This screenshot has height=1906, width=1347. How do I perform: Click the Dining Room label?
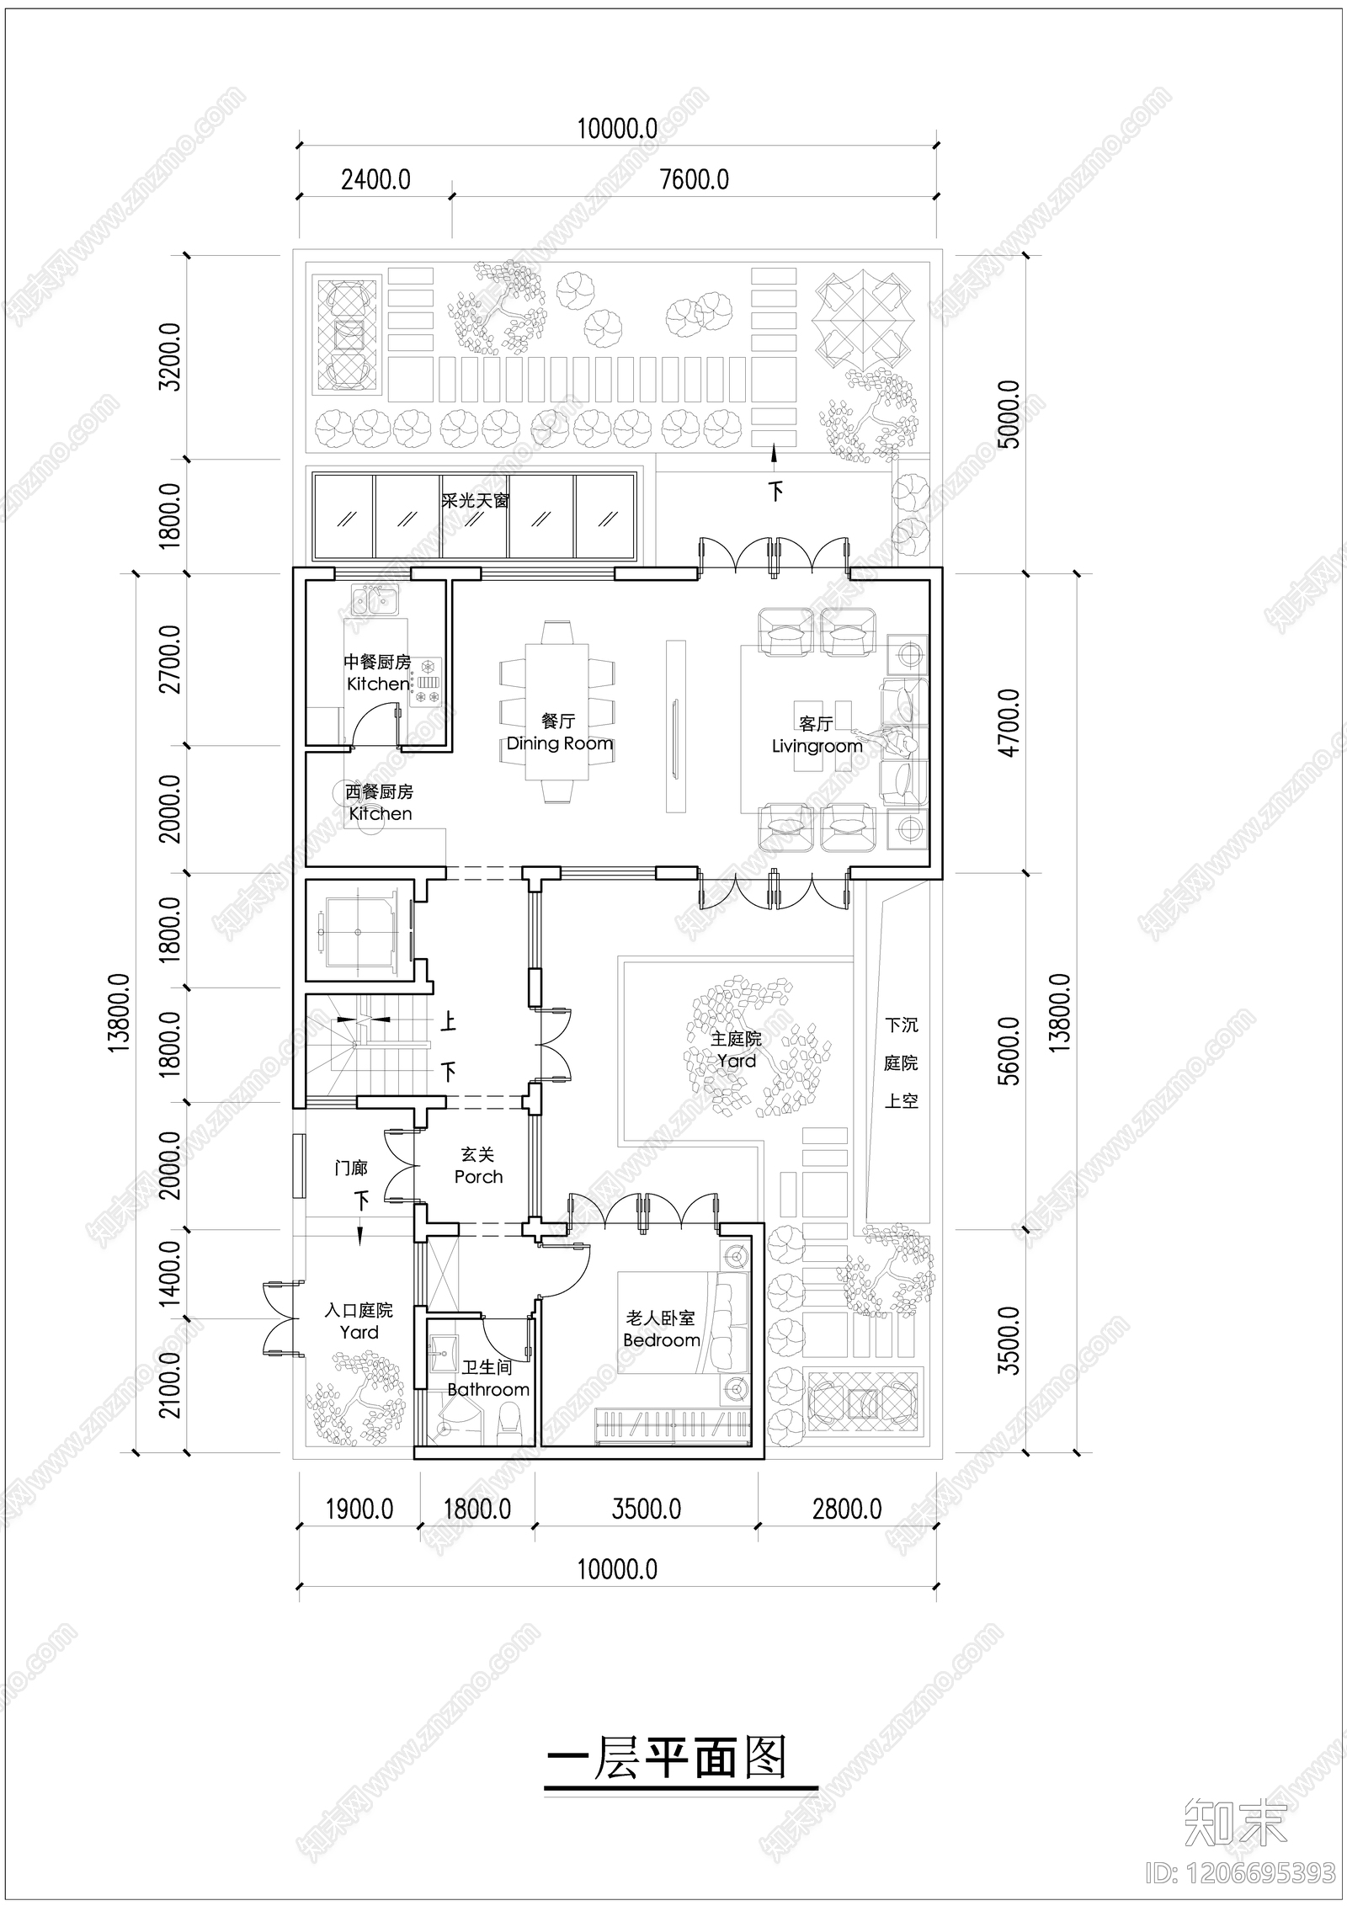click(x=559, y=743)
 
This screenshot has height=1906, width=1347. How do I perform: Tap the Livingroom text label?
click(x=817, y=746)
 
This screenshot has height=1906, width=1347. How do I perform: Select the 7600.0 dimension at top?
click(x=694, y=180)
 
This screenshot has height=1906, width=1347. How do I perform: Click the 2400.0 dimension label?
click(x=375, y=180)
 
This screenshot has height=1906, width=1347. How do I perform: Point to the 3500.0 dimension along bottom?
click(x=646, y=1509)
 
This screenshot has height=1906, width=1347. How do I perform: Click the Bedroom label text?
click(x=661, y=1339)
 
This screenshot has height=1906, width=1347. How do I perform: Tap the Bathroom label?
click(x=488, y=1389)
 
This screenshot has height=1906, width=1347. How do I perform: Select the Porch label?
click(x=478, y=1176)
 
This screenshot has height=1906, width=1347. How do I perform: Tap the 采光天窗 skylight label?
click(x=476, y=500)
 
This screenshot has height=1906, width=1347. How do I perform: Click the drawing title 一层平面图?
click(x=667, y=1760)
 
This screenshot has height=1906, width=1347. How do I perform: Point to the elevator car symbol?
click(x=359, y=931)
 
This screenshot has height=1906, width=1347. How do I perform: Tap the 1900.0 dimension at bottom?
click(x=359, y=1509)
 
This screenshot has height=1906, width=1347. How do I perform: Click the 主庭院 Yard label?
click(x=737, y=1050)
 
